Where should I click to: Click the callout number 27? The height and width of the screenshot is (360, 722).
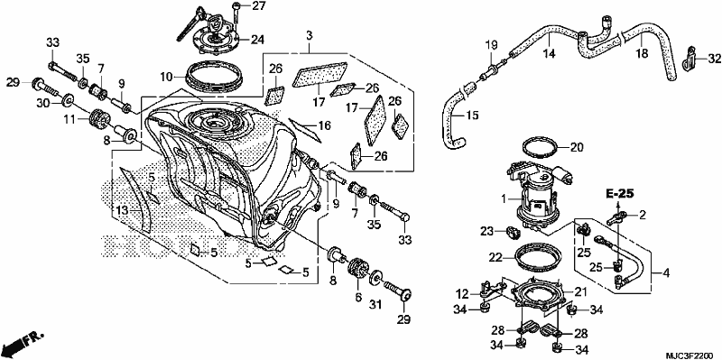point(257,7)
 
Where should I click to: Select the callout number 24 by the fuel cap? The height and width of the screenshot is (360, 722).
point(257,40)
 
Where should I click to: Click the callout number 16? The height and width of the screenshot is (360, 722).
point(325,125)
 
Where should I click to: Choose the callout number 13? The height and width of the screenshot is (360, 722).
point(122,210)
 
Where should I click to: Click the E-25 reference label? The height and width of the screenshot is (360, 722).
point(620,194)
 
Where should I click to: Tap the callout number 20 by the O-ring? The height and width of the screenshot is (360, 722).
point(577,147)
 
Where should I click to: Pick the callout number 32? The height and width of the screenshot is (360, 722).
point(714,58)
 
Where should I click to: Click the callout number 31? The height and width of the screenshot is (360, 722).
point(375,304)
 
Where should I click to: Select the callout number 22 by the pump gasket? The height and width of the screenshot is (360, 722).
point(495,258)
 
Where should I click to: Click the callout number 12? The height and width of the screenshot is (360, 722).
point(463,293)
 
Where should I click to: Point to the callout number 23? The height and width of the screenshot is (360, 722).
point(487,231)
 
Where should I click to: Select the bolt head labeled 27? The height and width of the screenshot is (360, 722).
point(236,6)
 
